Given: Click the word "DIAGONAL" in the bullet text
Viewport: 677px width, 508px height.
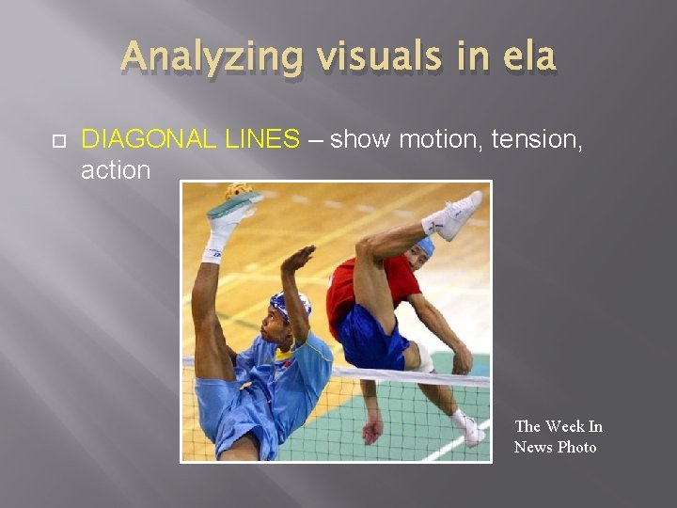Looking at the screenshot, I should coord(151,140).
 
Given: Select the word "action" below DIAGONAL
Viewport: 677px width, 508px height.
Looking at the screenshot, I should coord(116,170).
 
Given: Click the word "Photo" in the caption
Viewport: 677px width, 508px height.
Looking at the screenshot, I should coord(576,447).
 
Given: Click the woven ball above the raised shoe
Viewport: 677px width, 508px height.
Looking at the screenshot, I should coord(237,192).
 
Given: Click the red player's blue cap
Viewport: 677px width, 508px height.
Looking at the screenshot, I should coord(425,246).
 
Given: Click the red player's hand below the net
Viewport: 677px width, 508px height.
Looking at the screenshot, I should coord(373,430).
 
